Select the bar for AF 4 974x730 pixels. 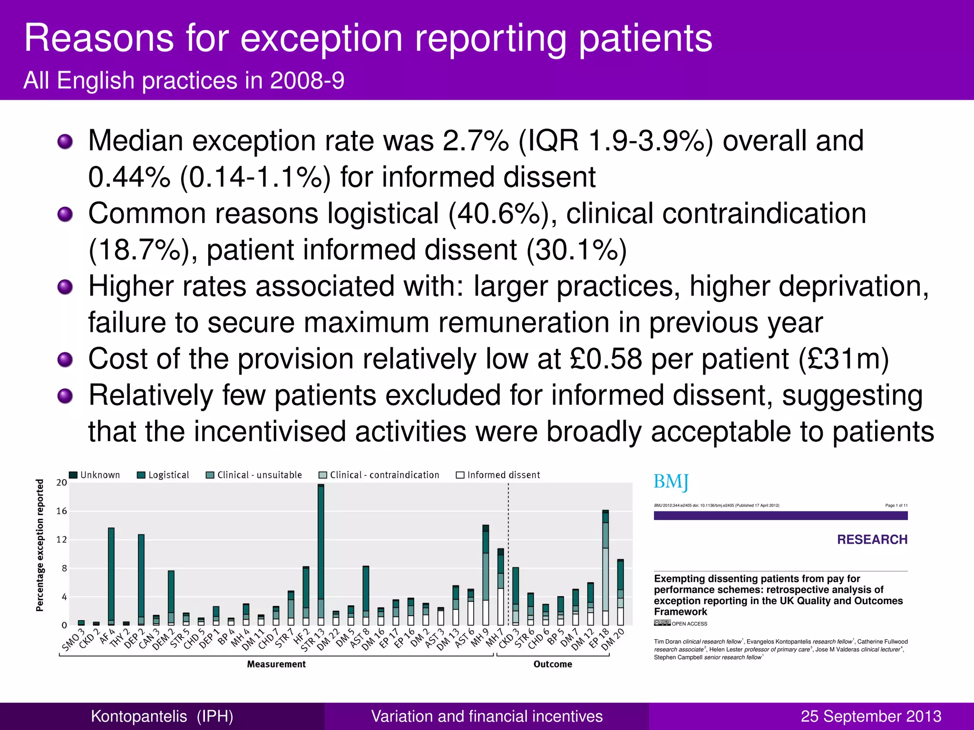pyautogui.click(x=111, y=575)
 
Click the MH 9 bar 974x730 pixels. pyautogui.click(x=486, y=575)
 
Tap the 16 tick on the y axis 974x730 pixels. pyautogui.click(x=62, y=511)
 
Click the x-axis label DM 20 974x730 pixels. pyautogui.click(x=614, y=639)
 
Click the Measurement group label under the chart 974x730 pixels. pyautogui.click(x=276, y=664)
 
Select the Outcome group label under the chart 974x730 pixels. pyautogui.click(x=553, y=664)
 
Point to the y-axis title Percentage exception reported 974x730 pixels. pyautogui.click(x=40, y=545)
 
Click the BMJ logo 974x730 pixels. pyautogui.click(x=671, y=481)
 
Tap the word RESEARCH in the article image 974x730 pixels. pyautogui.click(x=872, y=539)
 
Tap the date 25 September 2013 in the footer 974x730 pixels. pyautogui.click(x=871, y=716)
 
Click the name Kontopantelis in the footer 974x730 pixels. pyautogui.click(x=139, y=716)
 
